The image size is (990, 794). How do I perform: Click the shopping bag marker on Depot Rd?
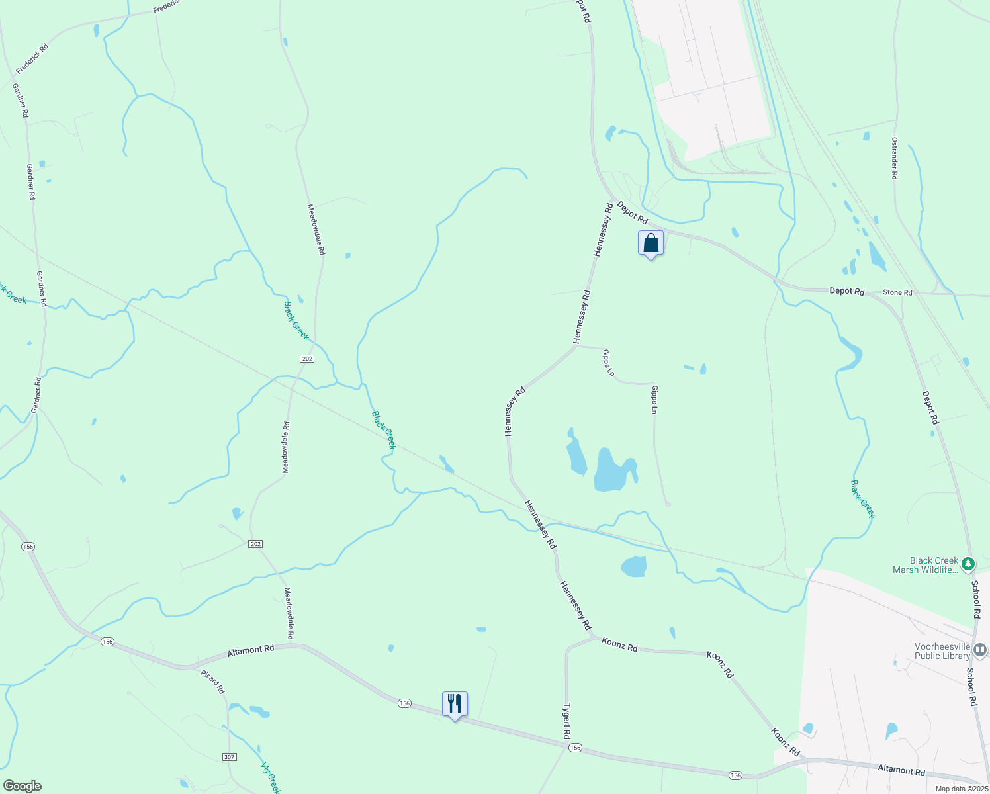[651, 243]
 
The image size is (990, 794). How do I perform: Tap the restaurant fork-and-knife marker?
[455, 704]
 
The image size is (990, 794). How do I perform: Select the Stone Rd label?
[897, 292]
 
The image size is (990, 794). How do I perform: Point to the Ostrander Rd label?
[894, 158]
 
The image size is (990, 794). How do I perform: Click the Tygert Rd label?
[566, 721]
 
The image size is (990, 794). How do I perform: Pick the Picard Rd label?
[214, 682]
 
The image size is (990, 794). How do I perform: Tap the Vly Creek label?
[271, 778]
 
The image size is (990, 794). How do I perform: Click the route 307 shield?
[230, 756]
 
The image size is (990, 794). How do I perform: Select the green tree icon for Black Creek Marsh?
[968, 564]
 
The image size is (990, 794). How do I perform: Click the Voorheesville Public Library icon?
[980, 650]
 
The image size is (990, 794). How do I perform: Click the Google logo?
[22, 786]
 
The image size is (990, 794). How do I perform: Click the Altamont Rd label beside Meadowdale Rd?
[250, 650]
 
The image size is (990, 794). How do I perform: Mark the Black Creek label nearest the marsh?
[863, 499]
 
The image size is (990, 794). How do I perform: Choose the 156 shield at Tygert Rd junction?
[574, 747]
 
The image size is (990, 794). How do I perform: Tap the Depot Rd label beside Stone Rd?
[847, 291]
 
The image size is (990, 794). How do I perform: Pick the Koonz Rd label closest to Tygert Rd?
[619, 644]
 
